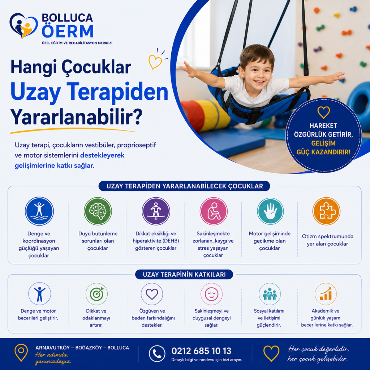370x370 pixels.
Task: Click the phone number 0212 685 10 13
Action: click(201, 351)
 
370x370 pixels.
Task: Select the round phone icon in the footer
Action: click(157, 353)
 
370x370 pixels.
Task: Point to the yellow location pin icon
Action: click(21, 353)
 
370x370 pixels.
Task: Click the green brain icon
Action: click(98, 211)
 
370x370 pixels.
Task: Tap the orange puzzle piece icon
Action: click(326, 211)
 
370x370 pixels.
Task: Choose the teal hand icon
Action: click(270, 211)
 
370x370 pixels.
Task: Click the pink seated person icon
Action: click(214, 211)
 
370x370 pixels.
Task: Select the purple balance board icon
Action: click(156, 211)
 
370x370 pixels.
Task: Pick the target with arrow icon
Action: click(96, 294)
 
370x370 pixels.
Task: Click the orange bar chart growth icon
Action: click(326, 294)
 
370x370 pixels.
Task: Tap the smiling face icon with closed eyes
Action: click(211, 294)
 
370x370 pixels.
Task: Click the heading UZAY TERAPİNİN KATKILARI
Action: click(184, 275)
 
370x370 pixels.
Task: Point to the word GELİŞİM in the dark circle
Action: click(323, 143)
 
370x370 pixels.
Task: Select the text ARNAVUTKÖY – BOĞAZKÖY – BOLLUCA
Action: click(82, 348)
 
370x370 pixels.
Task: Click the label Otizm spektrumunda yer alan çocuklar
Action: click(327, 240)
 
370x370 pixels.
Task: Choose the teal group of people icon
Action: click(270, 294)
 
